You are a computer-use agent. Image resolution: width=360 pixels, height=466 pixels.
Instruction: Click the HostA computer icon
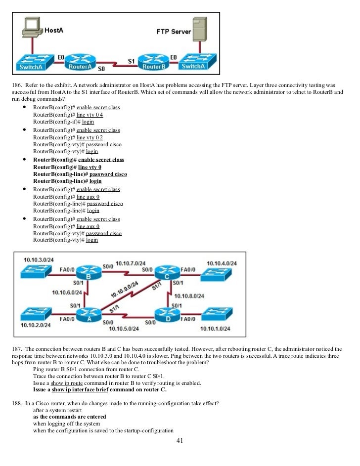[x=32, y=27]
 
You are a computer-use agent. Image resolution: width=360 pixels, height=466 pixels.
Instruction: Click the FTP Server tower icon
[x=199, y=29]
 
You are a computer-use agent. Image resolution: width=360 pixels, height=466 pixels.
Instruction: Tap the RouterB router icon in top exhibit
[x=154, y=62]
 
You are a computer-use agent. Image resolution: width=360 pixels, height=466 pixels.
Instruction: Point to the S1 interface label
[x=131, y=61]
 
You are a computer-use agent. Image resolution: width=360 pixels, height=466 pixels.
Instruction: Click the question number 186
[x=17, y=85]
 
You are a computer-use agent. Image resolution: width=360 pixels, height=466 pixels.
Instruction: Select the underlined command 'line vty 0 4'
[x=90, y=115]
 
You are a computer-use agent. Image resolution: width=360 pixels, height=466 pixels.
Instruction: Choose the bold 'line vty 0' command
[x=90, y=167]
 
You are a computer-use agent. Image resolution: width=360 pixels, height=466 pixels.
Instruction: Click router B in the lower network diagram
[x=89, y=272]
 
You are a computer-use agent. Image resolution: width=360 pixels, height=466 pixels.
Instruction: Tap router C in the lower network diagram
[x=167, y=272]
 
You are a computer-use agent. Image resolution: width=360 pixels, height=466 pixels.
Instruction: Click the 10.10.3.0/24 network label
[x=39, y=260]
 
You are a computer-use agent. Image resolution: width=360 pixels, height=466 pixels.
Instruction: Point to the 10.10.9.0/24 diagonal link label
[x=125, y=289]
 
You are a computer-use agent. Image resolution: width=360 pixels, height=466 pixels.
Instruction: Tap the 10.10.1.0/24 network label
[x=215, y=329]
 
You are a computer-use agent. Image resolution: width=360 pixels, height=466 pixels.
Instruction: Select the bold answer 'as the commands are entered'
[x=70, y=417]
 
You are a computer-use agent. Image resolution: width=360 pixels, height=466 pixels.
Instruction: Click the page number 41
[x=180, y=440]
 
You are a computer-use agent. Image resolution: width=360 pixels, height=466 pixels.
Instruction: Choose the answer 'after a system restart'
[x=57, y=410]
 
